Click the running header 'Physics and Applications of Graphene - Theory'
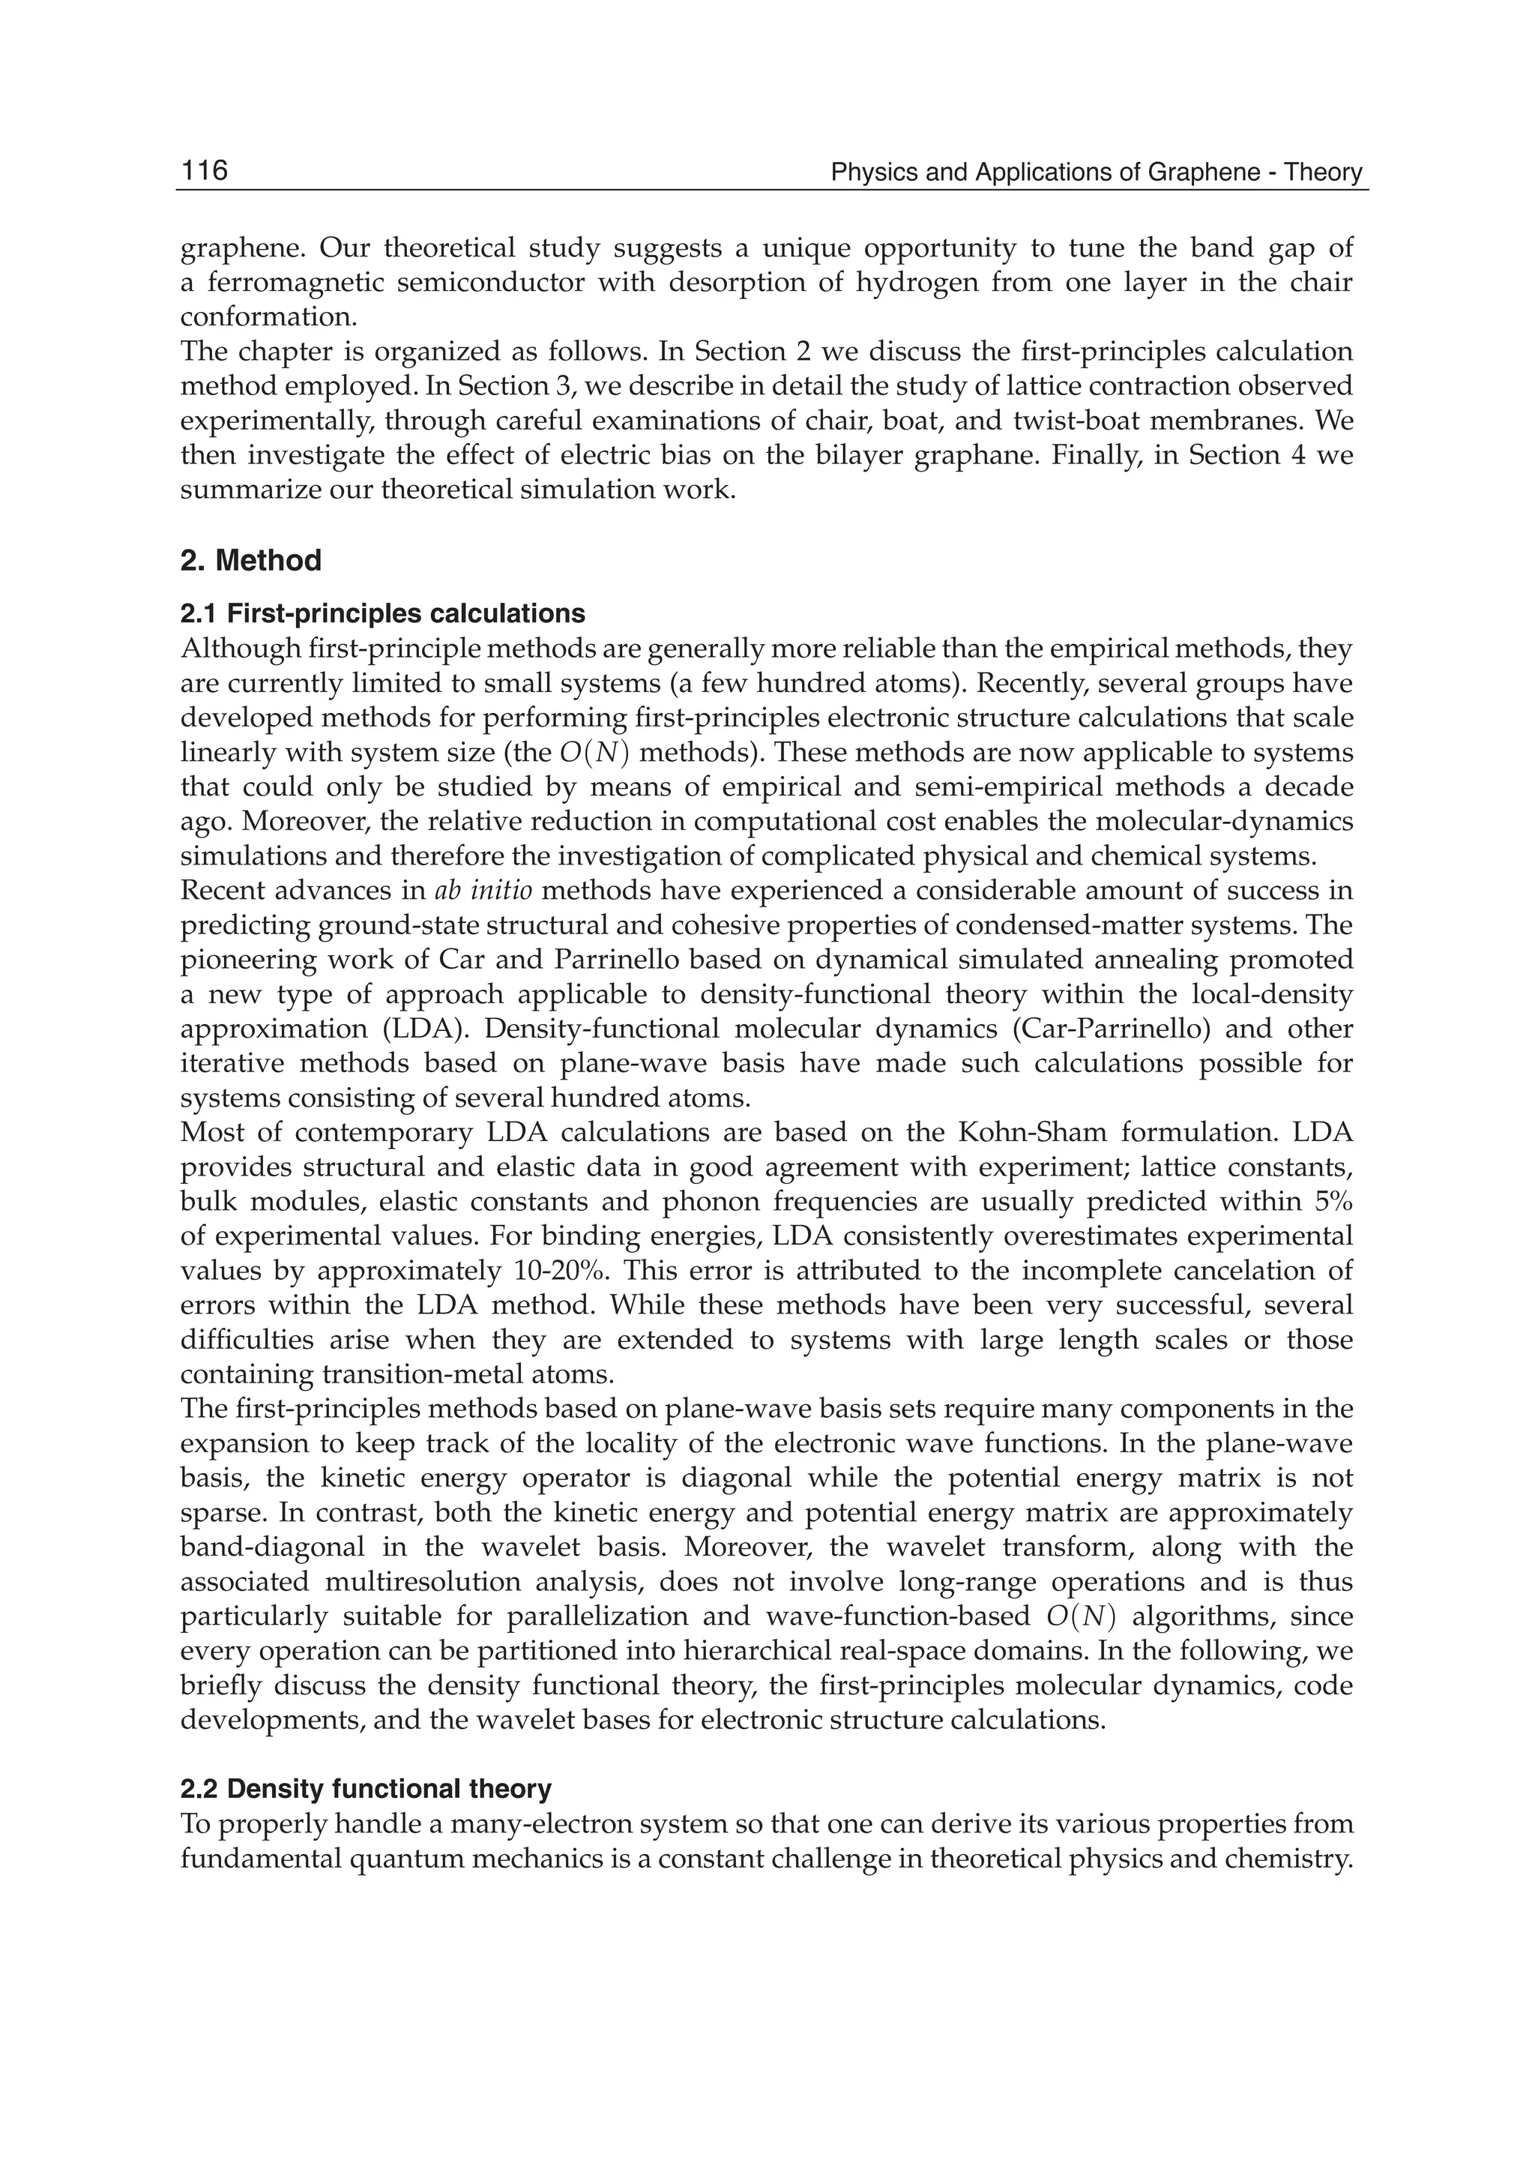point(1096,172)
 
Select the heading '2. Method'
point(250,561)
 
